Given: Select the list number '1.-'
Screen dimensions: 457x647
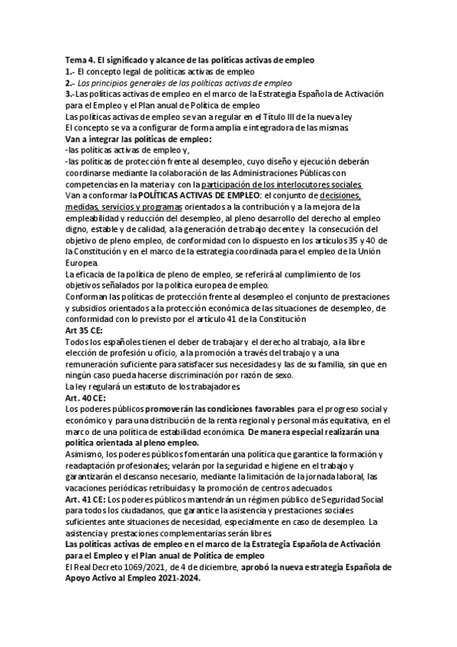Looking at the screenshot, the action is coord(69,72).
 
